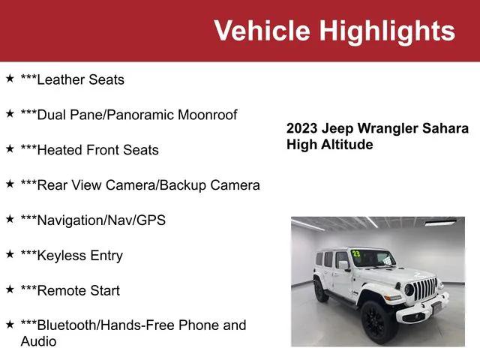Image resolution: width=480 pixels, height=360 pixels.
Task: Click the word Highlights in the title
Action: (x=387, y=31)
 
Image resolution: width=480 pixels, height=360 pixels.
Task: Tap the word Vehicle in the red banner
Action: (x=262, y=31)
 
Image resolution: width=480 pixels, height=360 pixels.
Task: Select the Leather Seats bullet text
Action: (x=73, y=79)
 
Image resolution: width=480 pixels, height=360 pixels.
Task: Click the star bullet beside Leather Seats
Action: (x=10, y=78)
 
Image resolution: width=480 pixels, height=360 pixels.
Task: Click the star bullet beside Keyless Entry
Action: (x=10, y=254)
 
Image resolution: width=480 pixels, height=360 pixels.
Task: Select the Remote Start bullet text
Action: (x=70, y=290)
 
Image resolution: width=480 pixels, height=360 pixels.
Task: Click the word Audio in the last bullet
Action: (x=39, y=341)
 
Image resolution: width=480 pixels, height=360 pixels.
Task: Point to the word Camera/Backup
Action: (x=169, y=185)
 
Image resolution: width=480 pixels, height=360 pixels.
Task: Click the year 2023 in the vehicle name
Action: (x=301, y=128)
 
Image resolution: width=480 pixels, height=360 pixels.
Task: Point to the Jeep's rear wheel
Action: (x=321, y=290)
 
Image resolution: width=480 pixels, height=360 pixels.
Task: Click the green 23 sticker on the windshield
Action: (x=355, y=253)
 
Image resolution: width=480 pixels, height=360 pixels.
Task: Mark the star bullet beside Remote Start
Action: (x=10, y=289)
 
